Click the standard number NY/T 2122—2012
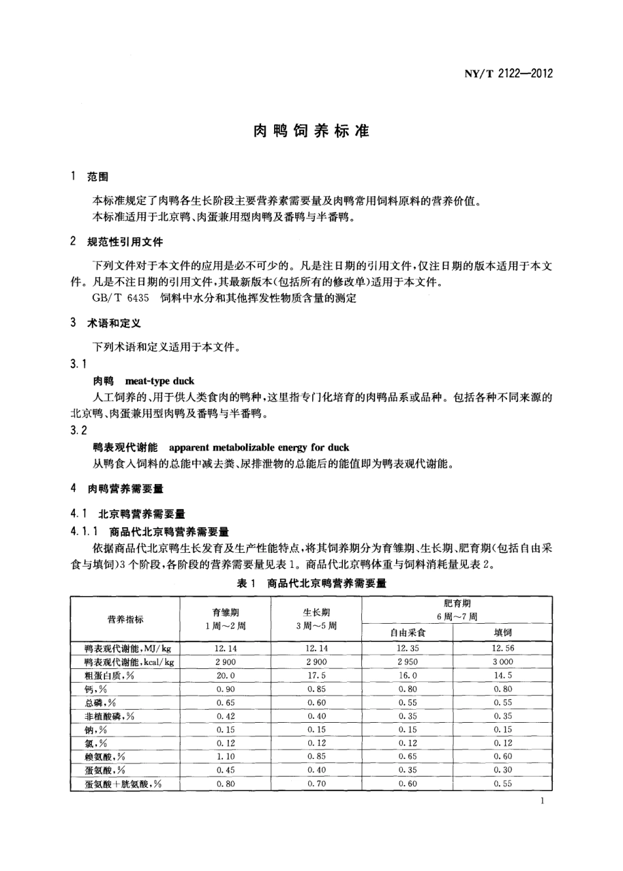coord(508,73)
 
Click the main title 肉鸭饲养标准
coord(311,131)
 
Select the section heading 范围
coord(98,177)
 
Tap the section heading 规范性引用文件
coord(125,242)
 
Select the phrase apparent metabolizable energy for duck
coord(259,447)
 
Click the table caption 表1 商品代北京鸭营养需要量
coord(311,583)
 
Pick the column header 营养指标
coord(125,619)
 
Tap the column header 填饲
coord(502,632)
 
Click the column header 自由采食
coord(407,632)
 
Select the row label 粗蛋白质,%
coord(110,676)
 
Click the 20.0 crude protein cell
coord(225,676)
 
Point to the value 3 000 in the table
coord(502,662)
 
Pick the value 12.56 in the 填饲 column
coord(502,648)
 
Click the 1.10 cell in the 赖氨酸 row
coord(225,756)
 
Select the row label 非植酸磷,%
coord(110,716)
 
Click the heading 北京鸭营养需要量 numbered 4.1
coord(141,514)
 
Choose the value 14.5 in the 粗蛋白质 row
coord(502,676)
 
